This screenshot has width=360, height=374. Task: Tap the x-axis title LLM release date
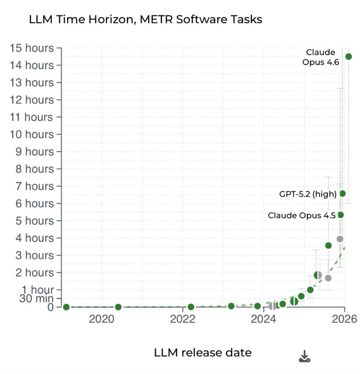[x=202, y=353]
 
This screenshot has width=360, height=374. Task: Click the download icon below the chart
[x=304, y=356]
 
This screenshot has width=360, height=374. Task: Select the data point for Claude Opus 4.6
[x=348, y=57]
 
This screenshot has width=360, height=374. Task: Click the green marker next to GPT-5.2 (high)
[x=342, y=193]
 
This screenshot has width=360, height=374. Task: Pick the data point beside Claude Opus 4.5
[x=340, y=215]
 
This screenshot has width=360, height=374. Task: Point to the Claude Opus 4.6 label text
[x=321, y=57]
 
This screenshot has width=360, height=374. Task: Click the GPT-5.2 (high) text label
[x=307, y=194]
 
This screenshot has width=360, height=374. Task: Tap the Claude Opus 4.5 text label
[x=301, y=216]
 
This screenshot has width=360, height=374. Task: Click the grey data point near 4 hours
[x=340, y=239]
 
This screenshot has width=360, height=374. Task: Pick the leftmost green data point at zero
[x=66, y=307]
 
